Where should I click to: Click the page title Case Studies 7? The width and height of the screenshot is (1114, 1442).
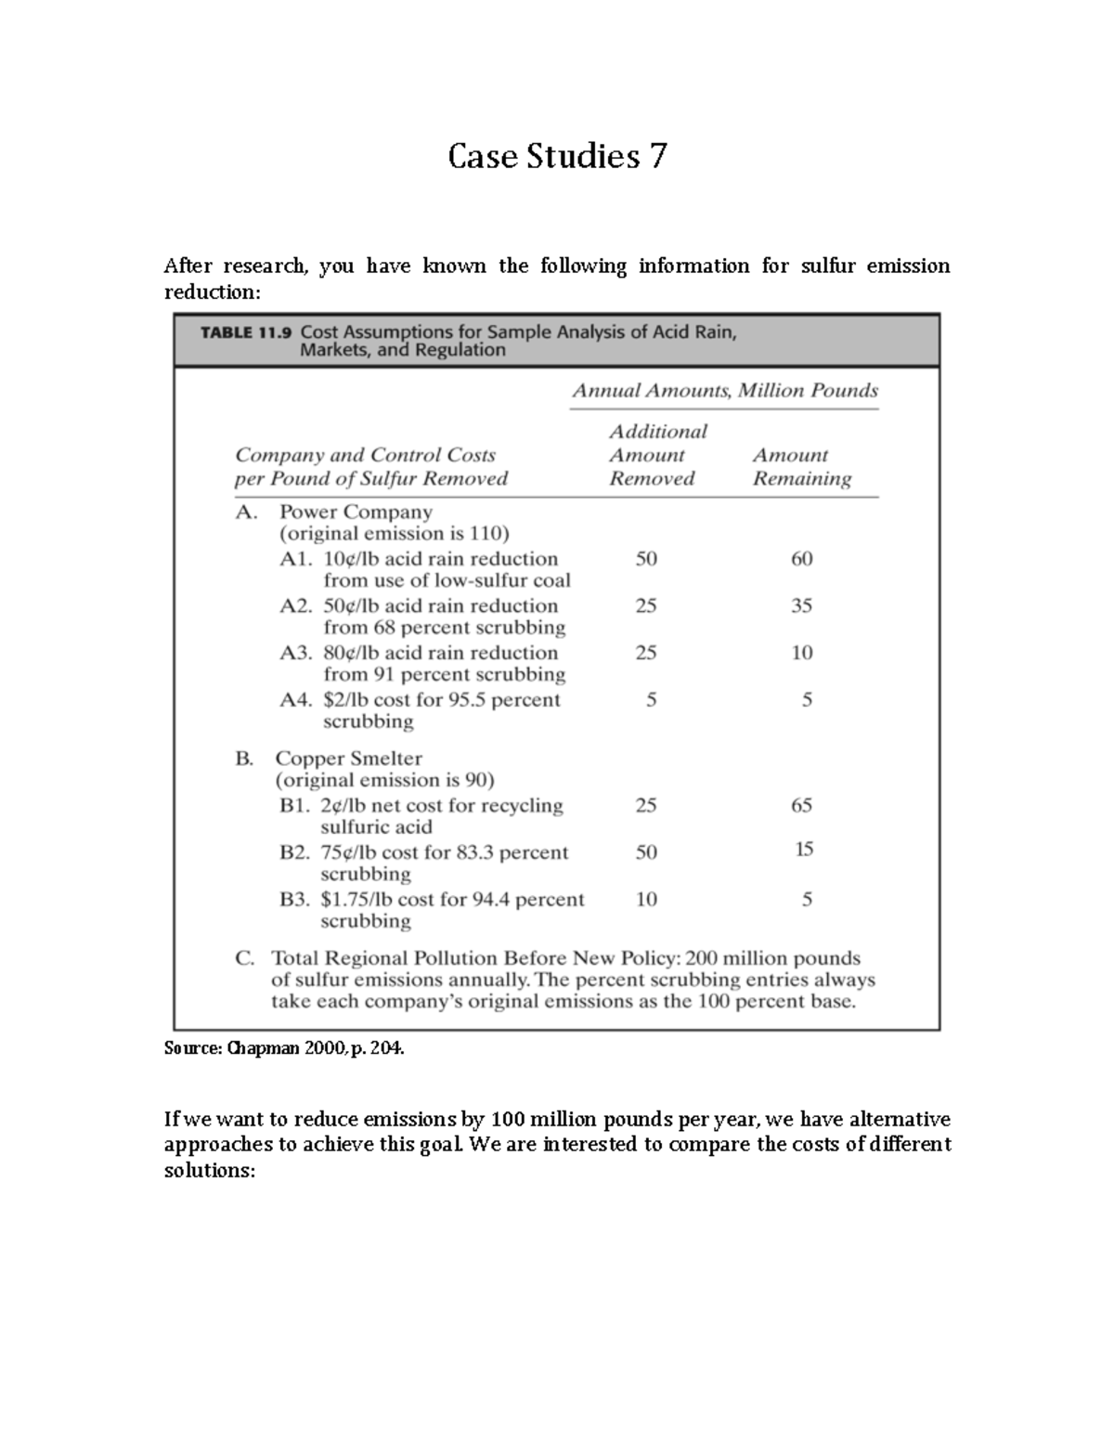(557, 156)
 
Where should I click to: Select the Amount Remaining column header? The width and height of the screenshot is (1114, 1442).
(801, 466)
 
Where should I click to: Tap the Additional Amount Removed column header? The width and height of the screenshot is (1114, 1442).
(657, 455)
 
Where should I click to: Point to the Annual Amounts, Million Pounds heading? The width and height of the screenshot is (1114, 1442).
(724, 390)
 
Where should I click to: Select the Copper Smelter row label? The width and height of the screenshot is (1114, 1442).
(348, 759)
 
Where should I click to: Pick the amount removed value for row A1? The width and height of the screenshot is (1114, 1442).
(646, 559)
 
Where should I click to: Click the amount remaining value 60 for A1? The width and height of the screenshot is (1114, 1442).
(801, 559)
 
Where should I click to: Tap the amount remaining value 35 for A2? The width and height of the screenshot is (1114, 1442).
(801, 606)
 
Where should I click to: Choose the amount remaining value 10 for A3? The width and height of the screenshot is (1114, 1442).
(801, 653)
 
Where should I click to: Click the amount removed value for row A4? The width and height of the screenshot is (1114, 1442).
(651, 700)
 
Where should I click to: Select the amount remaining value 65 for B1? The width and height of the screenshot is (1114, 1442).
(801, 805)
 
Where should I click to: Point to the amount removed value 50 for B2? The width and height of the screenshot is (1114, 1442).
(646, 852)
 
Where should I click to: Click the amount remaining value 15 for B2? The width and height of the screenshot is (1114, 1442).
(804, 849)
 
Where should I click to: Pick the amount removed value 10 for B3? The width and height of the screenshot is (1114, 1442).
(646, 899)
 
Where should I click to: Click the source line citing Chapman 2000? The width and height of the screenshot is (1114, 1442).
(285, 1048)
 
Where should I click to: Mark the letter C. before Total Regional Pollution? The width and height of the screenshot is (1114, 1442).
(245, 958)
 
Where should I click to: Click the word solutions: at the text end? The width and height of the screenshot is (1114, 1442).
(209, 1171)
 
